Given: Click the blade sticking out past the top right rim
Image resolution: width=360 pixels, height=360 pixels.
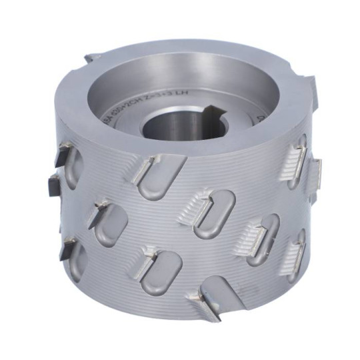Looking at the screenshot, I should pyautogui.click(x=311, y=86).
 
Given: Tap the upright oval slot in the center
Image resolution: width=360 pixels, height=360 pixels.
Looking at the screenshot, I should pyautogui.click(x=214, y=214).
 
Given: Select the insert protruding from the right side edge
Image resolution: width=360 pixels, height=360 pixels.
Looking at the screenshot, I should pyautogui.click(x=317, y=175).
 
